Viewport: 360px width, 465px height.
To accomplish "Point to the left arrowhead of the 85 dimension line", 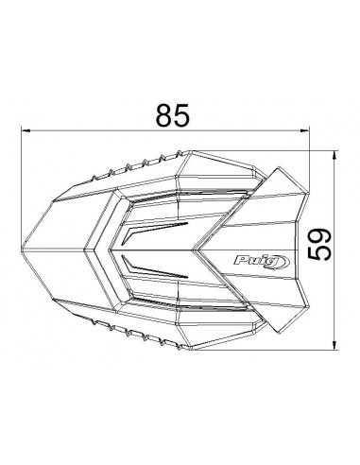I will (x=26, y=132).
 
